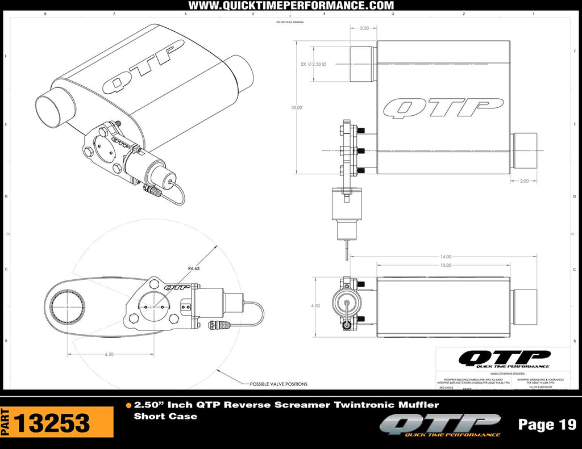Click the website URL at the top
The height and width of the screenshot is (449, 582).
point(290,6)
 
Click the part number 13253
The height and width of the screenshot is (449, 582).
point(52,423)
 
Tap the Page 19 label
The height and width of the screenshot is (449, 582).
point(547,425)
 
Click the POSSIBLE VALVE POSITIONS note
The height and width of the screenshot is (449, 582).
point(278,384)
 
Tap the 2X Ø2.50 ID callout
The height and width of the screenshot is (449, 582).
point(313,64)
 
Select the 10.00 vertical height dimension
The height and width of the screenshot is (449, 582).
point(296,107)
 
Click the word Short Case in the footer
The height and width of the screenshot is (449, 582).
point(165,417)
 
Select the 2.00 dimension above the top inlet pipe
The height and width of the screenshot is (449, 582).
point(364,27)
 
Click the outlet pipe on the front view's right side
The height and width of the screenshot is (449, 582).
point(524,150)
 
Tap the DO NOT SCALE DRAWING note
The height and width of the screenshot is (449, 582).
point(290,22)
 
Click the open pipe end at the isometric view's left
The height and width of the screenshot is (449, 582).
point(52,110)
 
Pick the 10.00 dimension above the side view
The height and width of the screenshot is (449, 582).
point(445,265)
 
